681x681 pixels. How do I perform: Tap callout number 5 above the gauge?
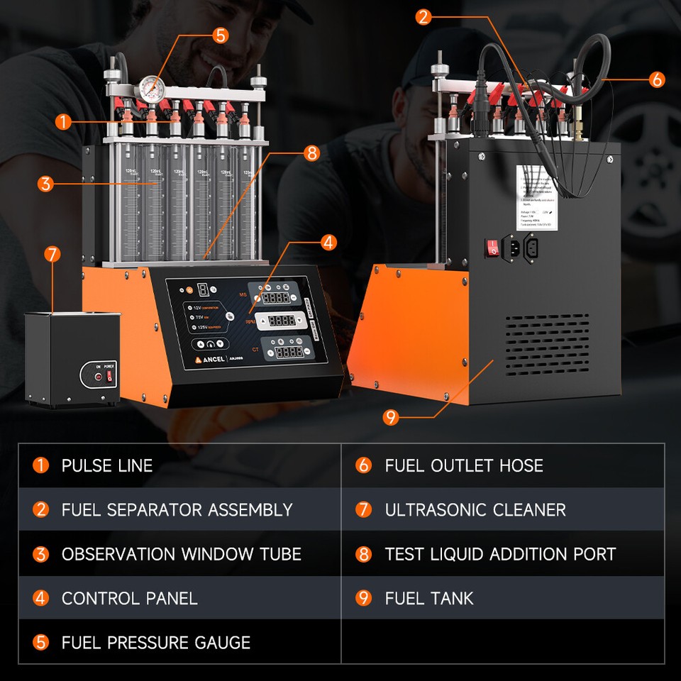point(221,35)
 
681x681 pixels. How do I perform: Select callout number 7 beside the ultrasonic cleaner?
point(52,254)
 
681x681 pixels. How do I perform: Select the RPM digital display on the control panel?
point(282,321)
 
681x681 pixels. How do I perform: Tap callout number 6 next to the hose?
point(657,79)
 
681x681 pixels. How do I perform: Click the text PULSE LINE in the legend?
point(107,466)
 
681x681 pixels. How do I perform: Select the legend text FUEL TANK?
point(428,598)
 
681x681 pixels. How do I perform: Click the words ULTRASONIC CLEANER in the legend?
point(475,510)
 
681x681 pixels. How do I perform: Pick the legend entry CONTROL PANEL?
point(129,598)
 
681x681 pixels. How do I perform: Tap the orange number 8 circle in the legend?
point(364,554)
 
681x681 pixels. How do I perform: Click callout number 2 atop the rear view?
point(423,17)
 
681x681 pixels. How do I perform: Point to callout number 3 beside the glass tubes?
point(46,184)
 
